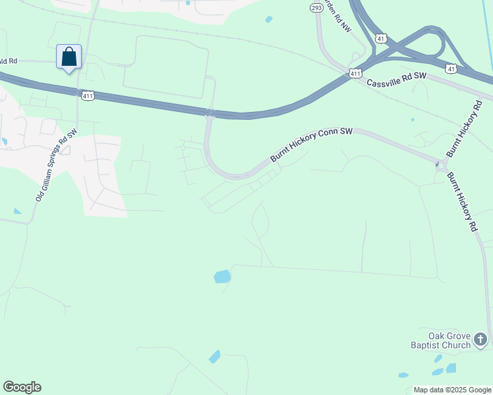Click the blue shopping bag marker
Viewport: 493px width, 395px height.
(69, 57)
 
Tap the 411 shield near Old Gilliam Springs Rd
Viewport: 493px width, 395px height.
(88, 96)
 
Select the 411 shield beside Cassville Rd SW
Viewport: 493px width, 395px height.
(356, 74)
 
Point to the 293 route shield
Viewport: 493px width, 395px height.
(316, 8)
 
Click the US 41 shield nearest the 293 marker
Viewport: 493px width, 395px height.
(382, 39)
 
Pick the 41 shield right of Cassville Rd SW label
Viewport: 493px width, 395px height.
(451, 68)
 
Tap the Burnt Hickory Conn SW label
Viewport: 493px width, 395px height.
(312, 145)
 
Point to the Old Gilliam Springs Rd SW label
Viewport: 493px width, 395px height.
(57, 165)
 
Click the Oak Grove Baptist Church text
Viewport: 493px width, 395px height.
(441, 340)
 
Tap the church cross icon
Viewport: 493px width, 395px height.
(482, 340)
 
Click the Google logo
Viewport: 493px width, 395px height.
(22, 387)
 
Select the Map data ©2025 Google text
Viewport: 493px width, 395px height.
(451, 390)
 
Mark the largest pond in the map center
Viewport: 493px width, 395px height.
(222, 276)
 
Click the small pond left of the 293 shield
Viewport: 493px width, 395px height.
(269, 19)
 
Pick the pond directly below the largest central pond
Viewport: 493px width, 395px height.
(215, 357)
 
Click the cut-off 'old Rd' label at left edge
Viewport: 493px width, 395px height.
(9, 61)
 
